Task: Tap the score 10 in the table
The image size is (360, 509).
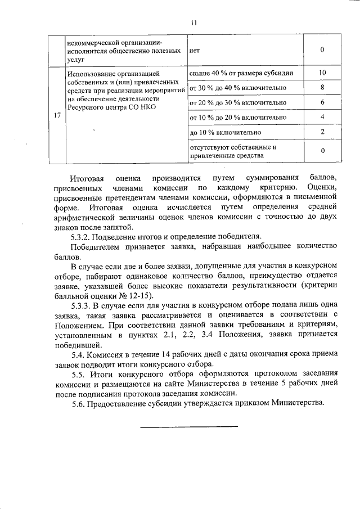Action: [x=322, y=73]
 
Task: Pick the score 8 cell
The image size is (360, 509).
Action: [x=322, y=88]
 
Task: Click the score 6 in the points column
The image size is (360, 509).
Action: [x=322, y=102]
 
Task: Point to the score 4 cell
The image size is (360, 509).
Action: [x=322, y=117]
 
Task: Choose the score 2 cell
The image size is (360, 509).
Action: [x=322, y=132]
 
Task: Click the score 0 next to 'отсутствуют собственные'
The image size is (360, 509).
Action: [x=322, y=151]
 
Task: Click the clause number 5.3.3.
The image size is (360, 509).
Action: [x=82, y=307]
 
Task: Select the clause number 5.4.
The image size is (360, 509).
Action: [x=79, y=355]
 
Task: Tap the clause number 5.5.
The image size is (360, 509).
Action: [x=79, y=375]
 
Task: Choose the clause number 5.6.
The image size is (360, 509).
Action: [x=79, y=403]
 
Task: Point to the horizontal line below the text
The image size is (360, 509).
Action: [x=188, y=426]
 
